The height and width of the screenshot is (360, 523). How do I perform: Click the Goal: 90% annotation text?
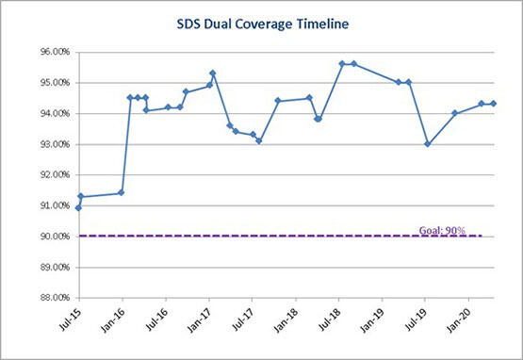tap(447, 229)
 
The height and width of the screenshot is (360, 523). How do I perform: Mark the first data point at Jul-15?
tap(77, 208)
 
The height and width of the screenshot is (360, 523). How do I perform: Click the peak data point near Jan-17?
tap(213, 74)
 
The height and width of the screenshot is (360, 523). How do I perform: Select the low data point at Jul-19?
tap(428, 144)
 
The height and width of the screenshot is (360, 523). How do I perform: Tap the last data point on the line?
tap(494, 104)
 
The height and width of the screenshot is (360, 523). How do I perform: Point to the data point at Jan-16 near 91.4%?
tap(122, 193)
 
